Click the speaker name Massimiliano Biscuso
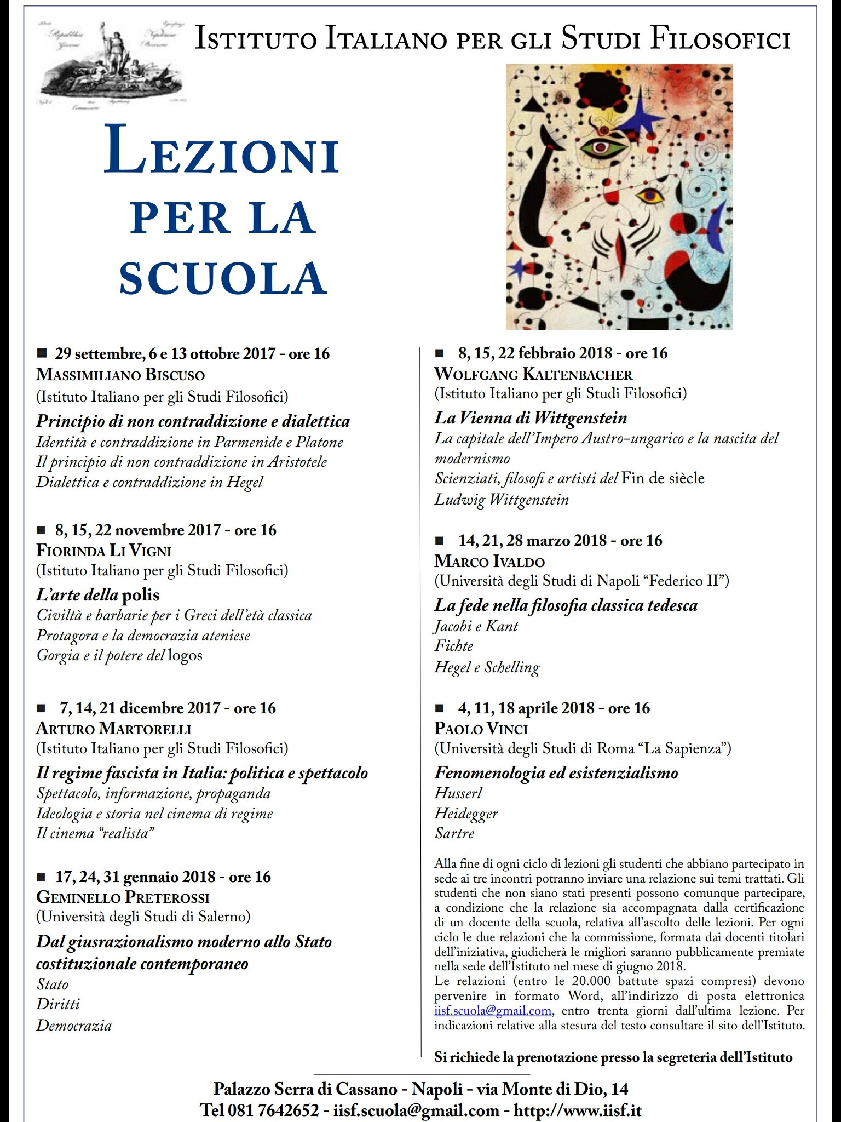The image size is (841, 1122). click(120, 375)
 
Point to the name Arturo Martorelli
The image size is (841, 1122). click(114, 729)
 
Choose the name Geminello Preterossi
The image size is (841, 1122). click(123, 897)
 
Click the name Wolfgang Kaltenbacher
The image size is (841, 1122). click(533, 375)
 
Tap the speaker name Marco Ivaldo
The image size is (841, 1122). click(489, 562)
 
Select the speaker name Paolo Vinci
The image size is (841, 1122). click(481, 729)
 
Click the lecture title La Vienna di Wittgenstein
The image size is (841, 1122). click(531, 419)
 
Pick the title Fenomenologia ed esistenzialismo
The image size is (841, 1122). click(556, 773)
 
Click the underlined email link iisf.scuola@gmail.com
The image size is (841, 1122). click(492, 1011)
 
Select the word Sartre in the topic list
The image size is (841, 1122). click(454, 833)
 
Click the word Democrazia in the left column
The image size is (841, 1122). click(74, 1025)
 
